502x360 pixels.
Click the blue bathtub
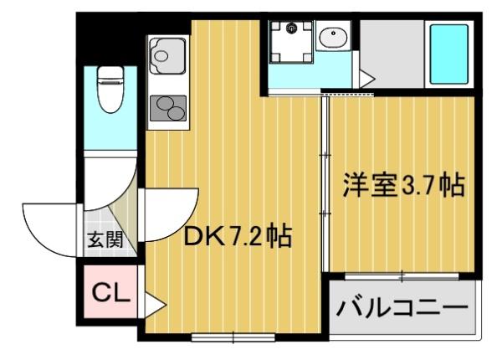pos(448,54)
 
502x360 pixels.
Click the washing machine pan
pos(290,39)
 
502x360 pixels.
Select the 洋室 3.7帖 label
pos(402,186)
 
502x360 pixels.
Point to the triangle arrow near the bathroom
pos(365,79)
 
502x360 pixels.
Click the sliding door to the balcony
pos(402,275)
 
